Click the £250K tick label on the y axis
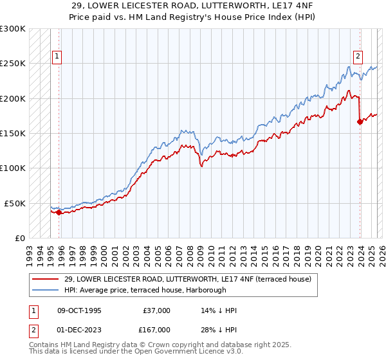click(13, 64)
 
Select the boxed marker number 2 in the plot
click(357, 56)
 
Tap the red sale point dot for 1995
click(59, 212)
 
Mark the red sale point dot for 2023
click(359, 122)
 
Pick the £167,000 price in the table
click(156, 329)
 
